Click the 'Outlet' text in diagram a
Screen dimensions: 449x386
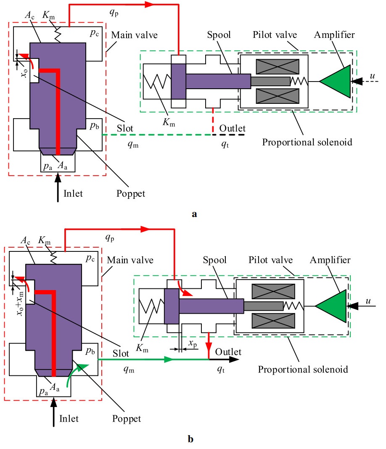click(x=232, y=128)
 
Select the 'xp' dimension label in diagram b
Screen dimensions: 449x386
click(x=192, y=344)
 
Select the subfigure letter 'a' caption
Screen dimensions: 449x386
click(x=194, y=214)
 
